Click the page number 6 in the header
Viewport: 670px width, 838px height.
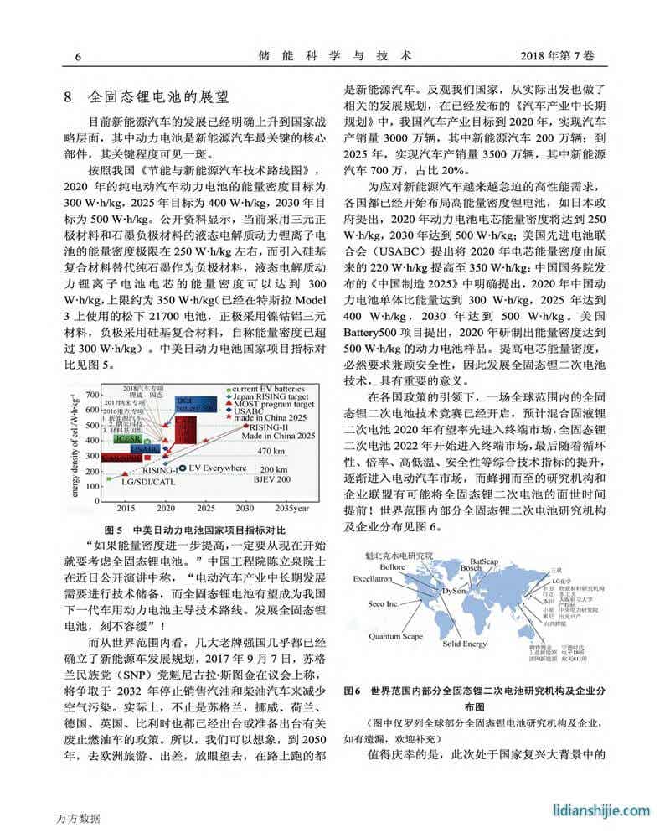pyautogui.click(x=78, y=56)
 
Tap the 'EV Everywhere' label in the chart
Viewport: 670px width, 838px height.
pyautogui.click(x=218, y=468)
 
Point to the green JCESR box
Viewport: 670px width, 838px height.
pyautogui.click(x=127, y=439)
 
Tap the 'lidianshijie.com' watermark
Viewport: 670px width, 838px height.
pyautogui.click(x=601, y=810)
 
